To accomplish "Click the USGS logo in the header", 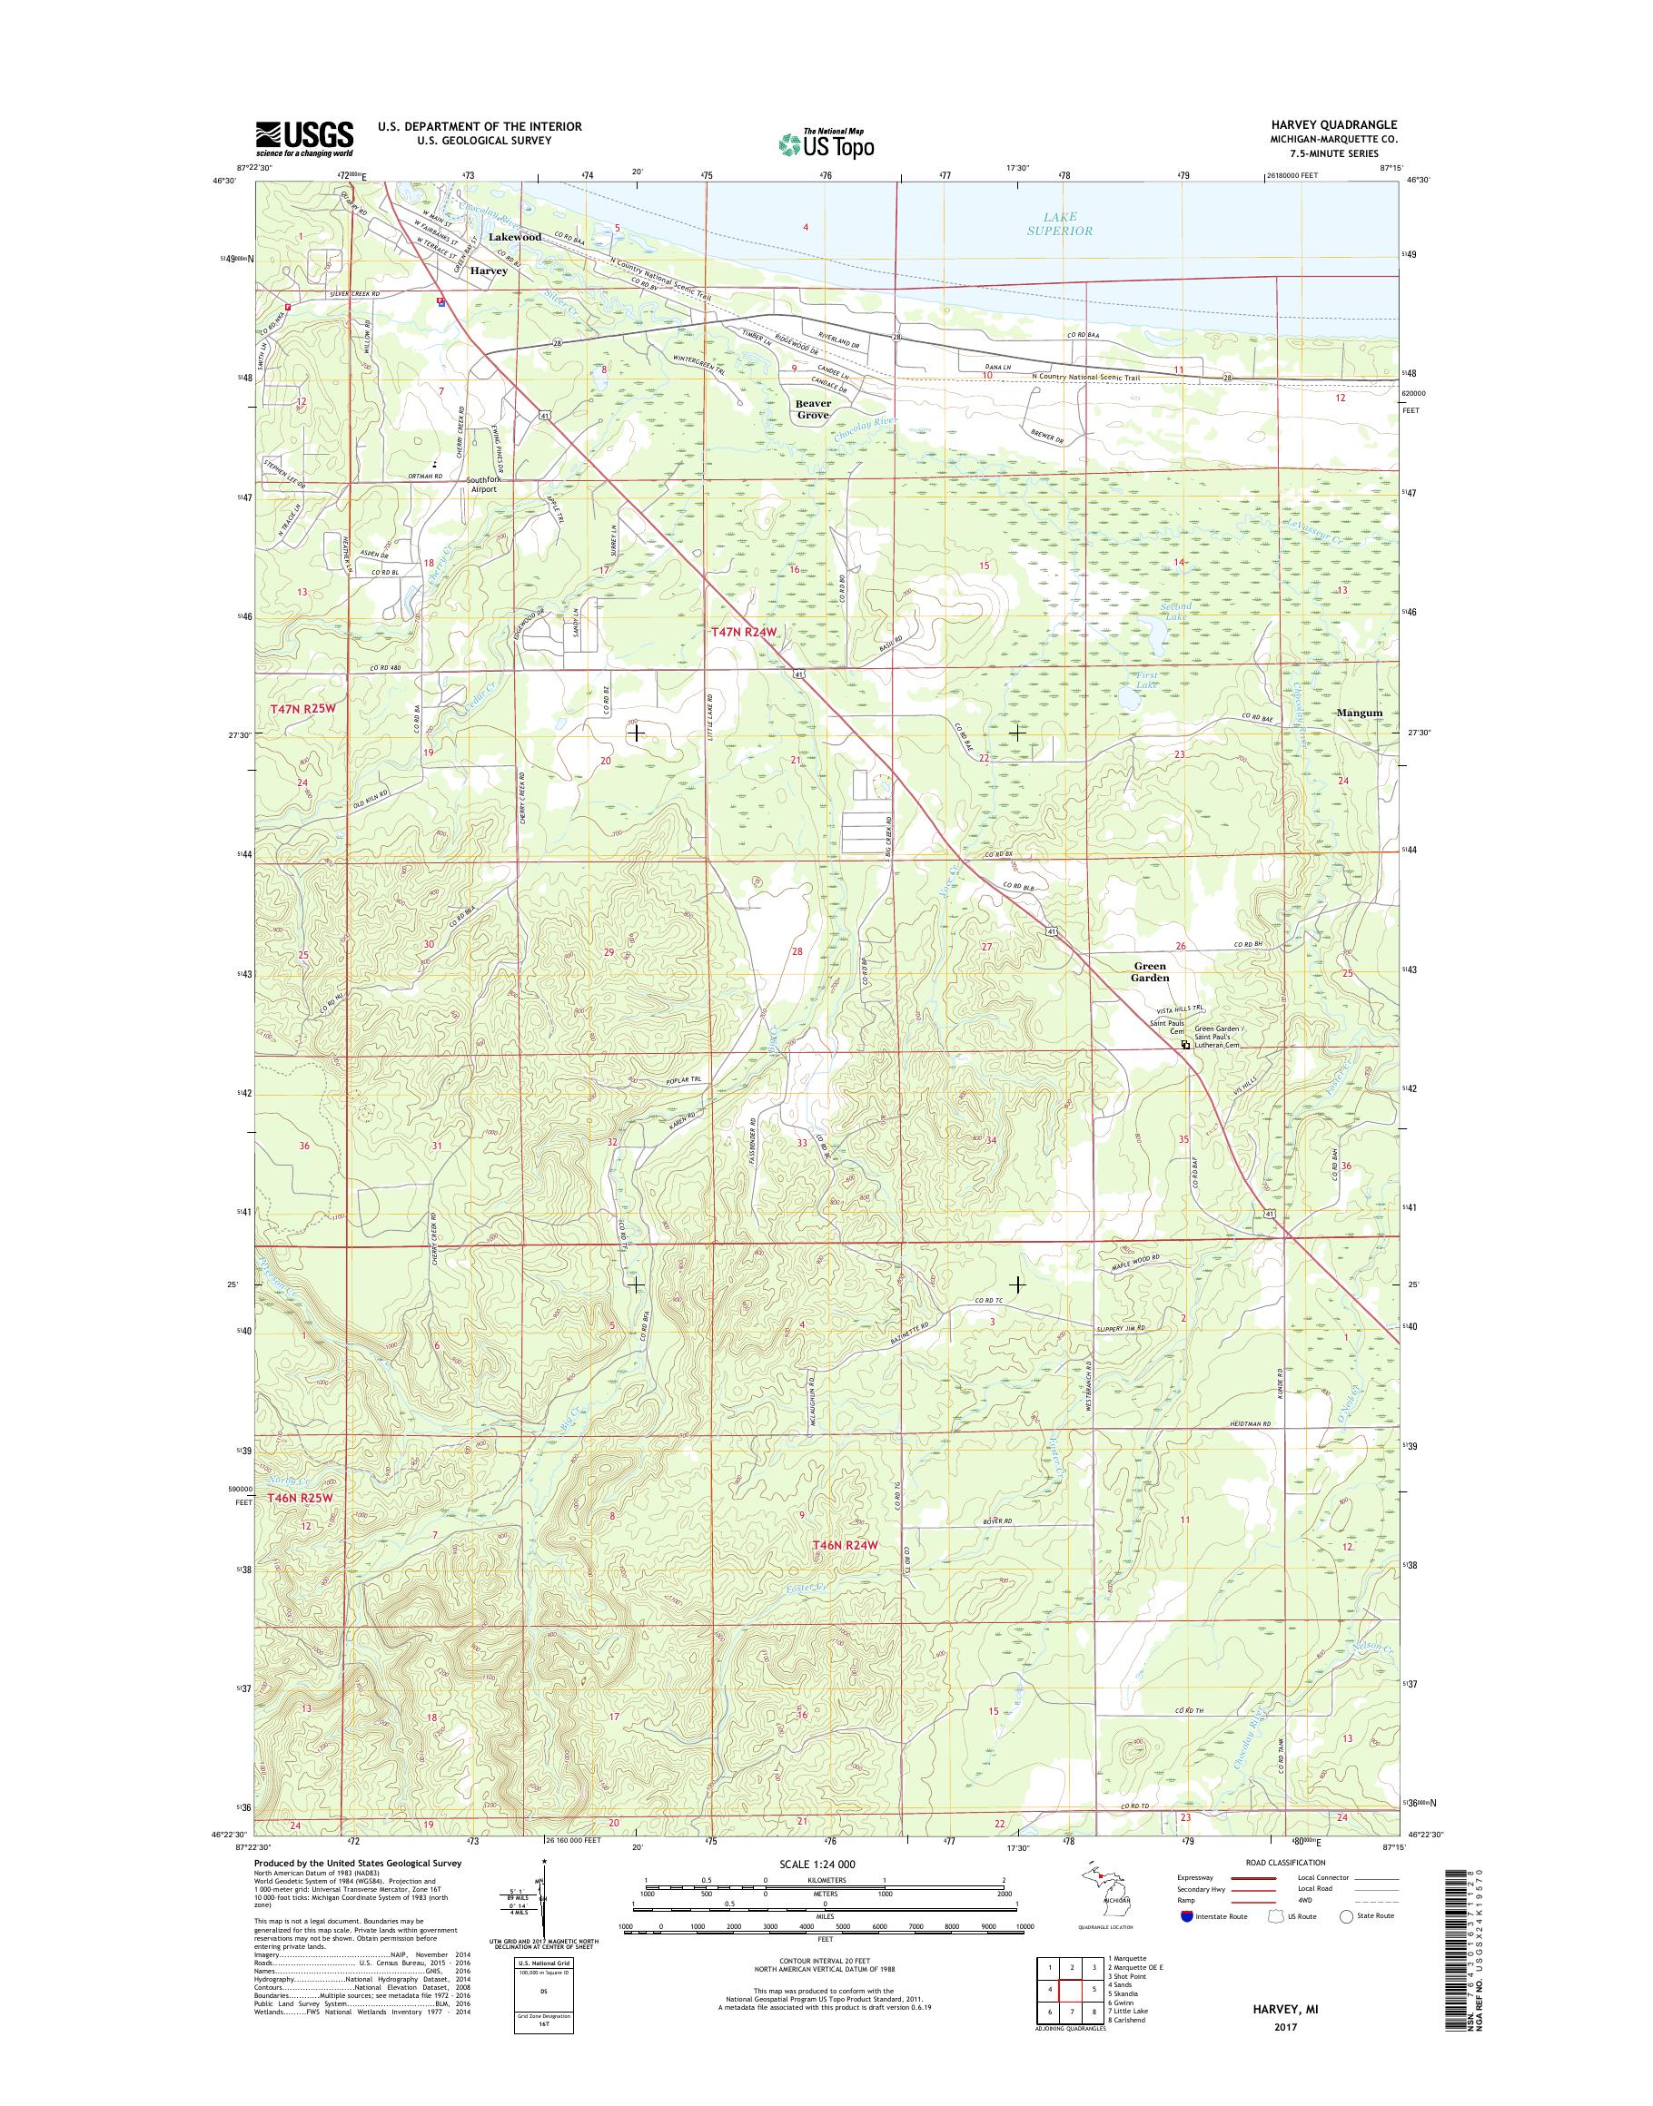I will (304, 138).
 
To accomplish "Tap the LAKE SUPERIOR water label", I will (1062, 223).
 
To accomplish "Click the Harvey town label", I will (489, 271).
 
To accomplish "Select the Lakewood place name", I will (515, 237).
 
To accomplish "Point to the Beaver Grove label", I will (813, 408).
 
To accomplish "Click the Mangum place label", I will (1359, 713).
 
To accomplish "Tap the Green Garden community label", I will (1151, 971).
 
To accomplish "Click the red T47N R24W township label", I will (745, 632).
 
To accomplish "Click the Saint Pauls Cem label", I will (1167, 1027).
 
